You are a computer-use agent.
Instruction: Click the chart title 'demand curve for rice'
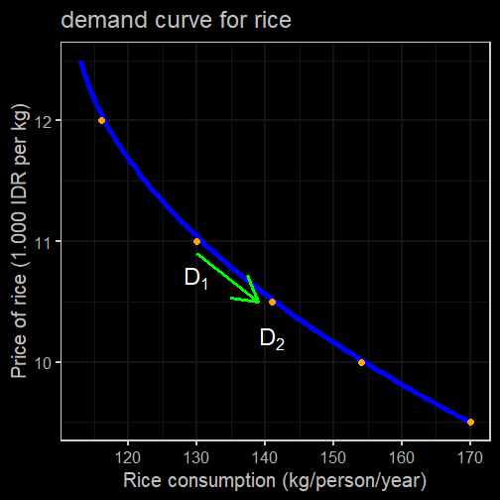(176, 20)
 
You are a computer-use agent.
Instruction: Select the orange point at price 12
(101, 120)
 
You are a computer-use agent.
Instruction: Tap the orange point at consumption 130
(196, 242)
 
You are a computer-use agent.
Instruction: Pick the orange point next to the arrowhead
(272, 302)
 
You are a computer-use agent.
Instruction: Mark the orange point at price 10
(361, 362)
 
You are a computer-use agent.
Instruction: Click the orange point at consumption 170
(470, 422)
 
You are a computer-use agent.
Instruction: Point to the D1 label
(196, 279)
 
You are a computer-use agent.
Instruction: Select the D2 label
(272, 339)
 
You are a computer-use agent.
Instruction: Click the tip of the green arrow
(259, 302)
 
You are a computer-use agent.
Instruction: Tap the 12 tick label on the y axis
(43, 122)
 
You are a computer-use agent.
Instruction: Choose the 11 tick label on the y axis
(43, 243)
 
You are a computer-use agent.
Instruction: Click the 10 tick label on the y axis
(43, 364)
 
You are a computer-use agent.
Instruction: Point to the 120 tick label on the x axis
(128, 458)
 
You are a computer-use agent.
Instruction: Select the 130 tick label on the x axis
(196, 458)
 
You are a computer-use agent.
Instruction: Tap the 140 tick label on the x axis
(265, 458)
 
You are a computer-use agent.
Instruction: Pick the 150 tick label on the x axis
(333, 458)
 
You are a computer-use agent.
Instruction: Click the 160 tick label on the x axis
(402, 458)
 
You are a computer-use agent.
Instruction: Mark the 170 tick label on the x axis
(470, 458)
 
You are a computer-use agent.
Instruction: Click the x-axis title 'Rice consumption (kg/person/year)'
(275, 480)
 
